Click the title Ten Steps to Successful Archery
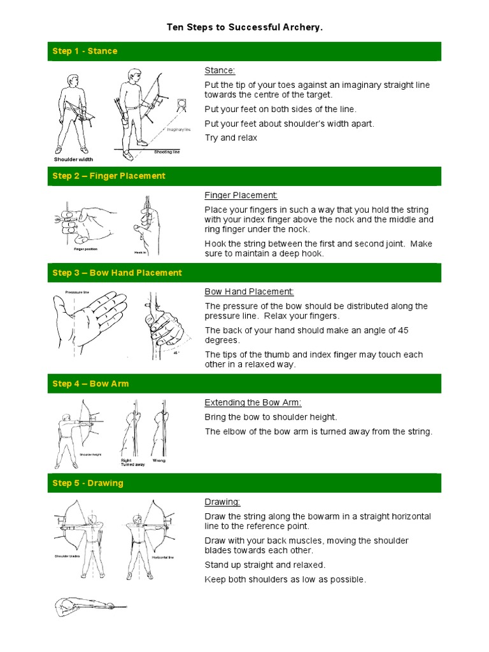click(244, 27)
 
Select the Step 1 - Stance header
click(85, 51)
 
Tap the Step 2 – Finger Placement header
click(109, 176)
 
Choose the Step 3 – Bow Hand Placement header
click(117, 273)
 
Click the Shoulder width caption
click(73, 159)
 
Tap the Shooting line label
click(167, 152)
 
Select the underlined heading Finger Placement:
click(241, 195)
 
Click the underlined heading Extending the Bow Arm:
click(253, 402)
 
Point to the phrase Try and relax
click(230, 138)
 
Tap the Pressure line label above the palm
click(78, 292)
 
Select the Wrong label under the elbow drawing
click(159, 460)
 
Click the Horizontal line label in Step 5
click(162, 557)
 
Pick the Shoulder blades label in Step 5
click(67, 556)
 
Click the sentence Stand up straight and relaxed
click(265, 565)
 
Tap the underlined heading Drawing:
click(222, 502)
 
